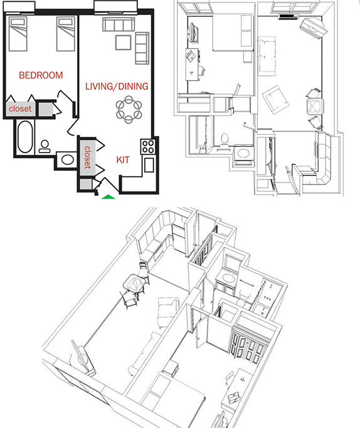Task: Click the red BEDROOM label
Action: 41,75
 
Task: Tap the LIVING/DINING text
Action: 117,86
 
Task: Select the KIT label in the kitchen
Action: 123,160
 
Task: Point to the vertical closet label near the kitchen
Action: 87,158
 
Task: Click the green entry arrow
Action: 109,197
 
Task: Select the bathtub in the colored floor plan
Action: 26,137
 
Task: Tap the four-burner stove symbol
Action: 148,147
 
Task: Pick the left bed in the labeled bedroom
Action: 19,35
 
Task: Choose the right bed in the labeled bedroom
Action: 65,35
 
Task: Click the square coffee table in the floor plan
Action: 123,43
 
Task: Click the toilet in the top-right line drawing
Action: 225,138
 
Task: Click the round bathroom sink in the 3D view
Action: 228,279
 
